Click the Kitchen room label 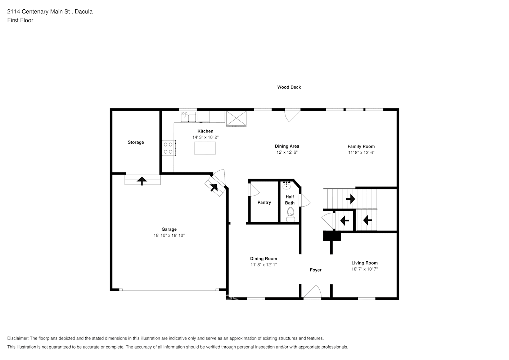pyautogui.click(x=205, y=131)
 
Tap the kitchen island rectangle pyautogui.click(x=205, y=148)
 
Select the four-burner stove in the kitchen pyautogui.click(x=168, y=148)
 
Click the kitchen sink pyautogui.click(x=188, y=117)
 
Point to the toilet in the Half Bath pyautogui.click(x=290, y=215)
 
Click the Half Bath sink pyautogui.click(x=287, y=185)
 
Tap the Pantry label pyautogui.click(x=264, y=202)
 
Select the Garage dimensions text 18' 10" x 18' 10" pyautogui.click(x=169, y=235)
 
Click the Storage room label pyautogui.click(x=136, y=142)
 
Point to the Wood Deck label pyautogui.click(x=289, y=87)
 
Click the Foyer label pyautogui.click(x=316, y=270)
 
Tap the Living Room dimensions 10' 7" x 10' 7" pyautogui.click(x=365, y=269)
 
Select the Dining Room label pyautogui.click(x=263, y=258)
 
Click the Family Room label pyautogui.click(x=361, y=147)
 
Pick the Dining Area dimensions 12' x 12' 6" pyautogui.click(x=287, y=152)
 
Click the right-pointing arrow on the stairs pyautogui.click(x=351, y=199)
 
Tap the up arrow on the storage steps pyautogui.click(x=142, y=181)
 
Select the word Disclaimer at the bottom pyautogui.click(x=18, y=338)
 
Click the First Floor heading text pyautogui.click(x=20, y=20)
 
